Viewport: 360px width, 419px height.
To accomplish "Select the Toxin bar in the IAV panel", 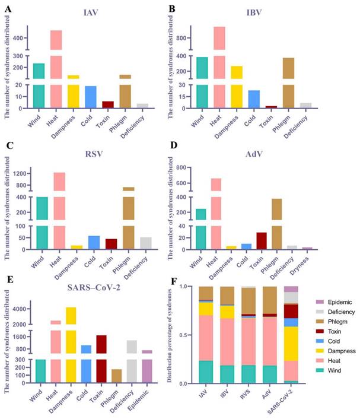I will [x=107, y=104].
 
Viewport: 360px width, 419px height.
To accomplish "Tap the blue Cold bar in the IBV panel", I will [x=254, y=99].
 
